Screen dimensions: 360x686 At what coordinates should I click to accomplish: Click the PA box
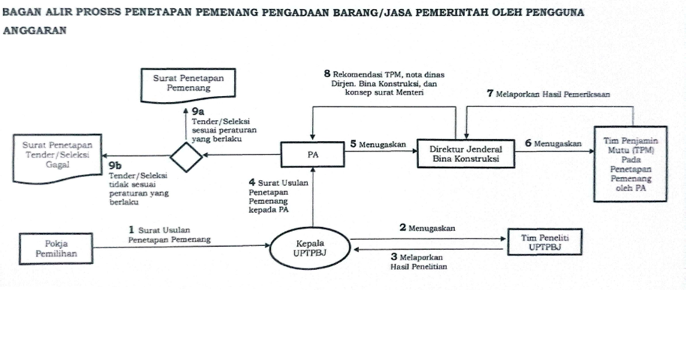click(313, 154)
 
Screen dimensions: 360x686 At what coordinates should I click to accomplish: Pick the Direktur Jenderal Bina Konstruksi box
click(466, 154)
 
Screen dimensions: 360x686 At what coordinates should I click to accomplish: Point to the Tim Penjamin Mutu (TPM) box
click(630, 165)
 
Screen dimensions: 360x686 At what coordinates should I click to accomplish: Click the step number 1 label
click(130, 229)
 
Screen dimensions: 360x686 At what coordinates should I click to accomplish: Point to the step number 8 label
click(327, 73)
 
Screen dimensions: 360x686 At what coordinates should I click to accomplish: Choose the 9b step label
click(117, 165)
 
